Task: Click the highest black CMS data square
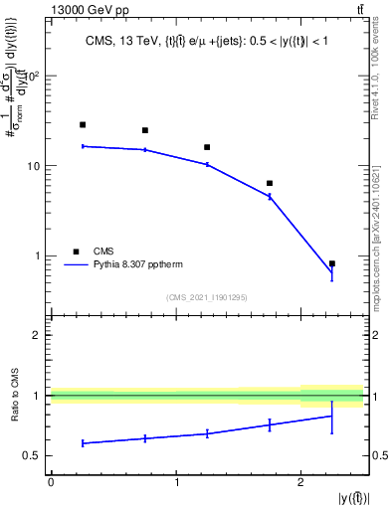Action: (x=83, y=125)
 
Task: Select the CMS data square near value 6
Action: (x=270, y=183)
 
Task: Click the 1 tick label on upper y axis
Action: (x=38, y=255)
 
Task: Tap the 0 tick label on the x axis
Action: (x=51, y=482)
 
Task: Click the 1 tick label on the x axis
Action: (x=176, y=482)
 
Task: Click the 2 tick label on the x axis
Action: (x=300, y=482)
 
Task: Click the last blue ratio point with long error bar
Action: (x=331, y=416)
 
